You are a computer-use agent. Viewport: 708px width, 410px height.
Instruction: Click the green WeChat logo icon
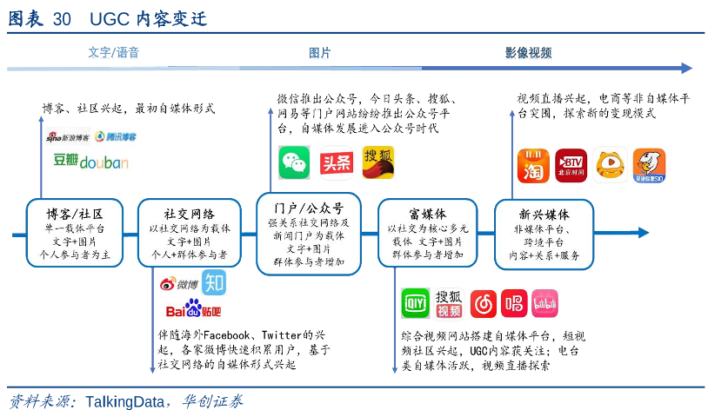pos(294,163)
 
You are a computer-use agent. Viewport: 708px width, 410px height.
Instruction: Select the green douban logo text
pos(90,162)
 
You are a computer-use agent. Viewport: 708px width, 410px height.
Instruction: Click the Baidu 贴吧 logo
pos(192,310)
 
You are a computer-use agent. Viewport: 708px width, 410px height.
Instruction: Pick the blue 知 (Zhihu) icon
pos(214,282)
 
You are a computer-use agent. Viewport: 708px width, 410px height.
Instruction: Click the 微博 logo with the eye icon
pos(178,283)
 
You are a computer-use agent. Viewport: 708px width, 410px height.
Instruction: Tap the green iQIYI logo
pos(415,303)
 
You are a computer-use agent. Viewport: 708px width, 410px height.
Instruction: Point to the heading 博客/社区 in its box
pos(73,214)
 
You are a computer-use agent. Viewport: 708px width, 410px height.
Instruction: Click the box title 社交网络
pos(189,214)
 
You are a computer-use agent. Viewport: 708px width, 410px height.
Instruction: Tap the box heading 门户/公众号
pos(307,208)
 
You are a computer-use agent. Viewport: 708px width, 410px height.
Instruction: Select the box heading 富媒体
pos(428,214)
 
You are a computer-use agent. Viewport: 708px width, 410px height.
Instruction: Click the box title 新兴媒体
pos(544,214)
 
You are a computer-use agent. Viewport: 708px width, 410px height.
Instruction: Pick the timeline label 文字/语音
pos(113,53)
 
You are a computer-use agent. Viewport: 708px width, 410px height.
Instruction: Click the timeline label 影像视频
pos(529,53)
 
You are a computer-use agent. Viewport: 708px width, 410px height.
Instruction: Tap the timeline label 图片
pos(319,53)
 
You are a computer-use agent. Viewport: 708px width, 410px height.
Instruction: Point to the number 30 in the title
pos(63,19)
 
